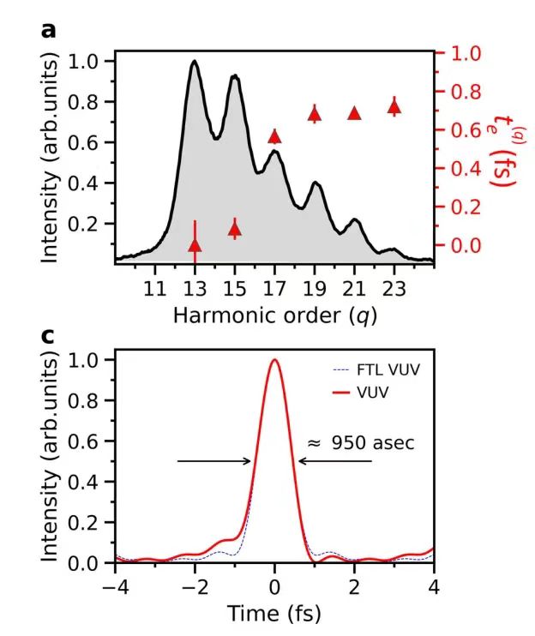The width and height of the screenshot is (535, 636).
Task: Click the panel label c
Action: [48, 335]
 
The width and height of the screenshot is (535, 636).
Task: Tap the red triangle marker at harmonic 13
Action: [195, 246]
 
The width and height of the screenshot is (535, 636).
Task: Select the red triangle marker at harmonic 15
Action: [235, 228]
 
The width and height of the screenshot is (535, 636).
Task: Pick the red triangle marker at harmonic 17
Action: [274, 136]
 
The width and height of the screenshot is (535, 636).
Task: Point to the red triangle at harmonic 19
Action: [315, 113]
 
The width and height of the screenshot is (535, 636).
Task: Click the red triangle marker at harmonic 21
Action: [354, 113]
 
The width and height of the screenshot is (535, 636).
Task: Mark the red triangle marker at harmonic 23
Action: [394, 107]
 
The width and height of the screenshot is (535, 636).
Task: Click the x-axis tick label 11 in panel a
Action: [154, 287]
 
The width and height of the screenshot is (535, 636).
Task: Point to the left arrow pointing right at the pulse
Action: [214, 461]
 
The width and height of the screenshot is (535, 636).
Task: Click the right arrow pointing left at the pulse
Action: [335, 461]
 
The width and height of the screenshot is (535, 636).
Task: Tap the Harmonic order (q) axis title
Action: [274, 315]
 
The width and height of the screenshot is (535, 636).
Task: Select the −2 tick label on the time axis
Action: [192, 587]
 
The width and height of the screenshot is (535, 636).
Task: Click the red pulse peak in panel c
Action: [274, 361]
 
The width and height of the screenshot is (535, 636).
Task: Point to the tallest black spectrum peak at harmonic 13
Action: [195, 62]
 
